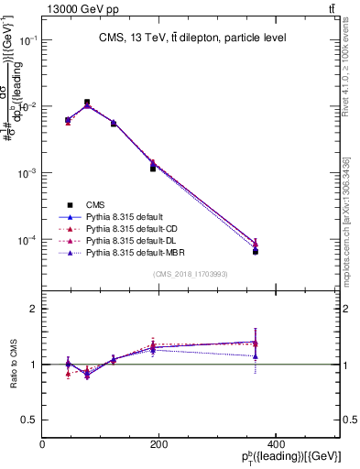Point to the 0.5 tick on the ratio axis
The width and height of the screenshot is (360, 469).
click(30, 420)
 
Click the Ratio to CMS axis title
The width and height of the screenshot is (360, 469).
click(13, 364)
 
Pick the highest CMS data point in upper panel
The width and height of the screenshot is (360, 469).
click(87, 103)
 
